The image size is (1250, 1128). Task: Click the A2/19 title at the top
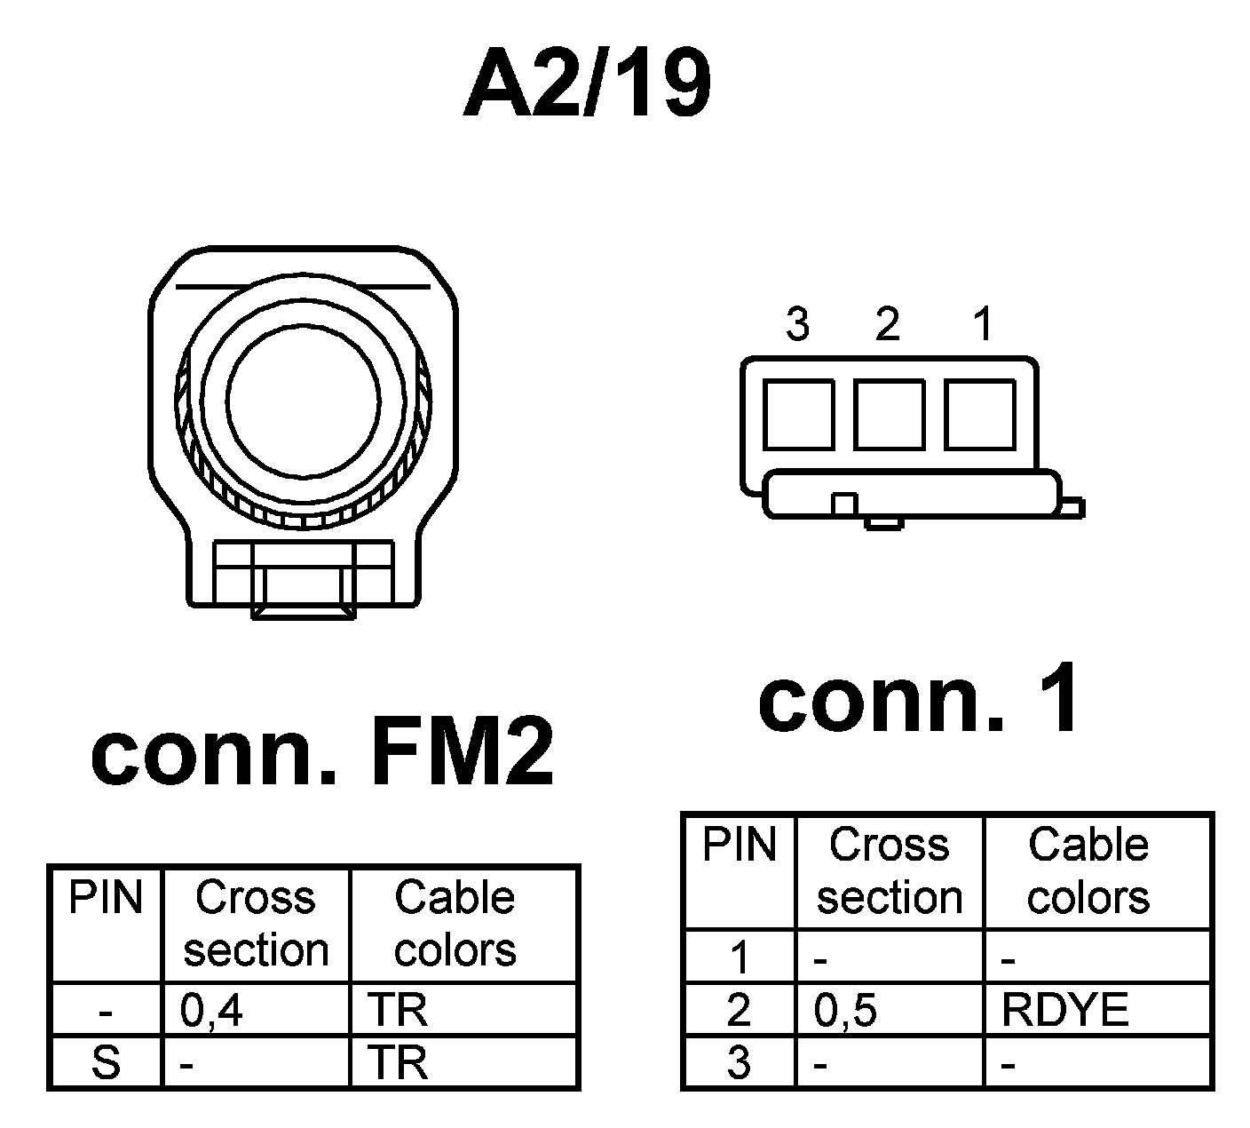pyautogui.click(x=587, y=85)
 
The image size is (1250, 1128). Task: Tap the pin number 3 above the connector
pyautogui.click(x=797, y=324)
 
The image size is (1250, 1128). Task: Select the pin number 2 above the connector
pyautogui.click(x=887, y=324)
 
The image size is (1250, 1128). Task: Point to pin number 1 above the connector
pyautogui.click(x=982, y=324)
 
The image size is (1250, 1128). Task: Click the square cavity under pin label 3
pyautogui.click(x=798, y=414)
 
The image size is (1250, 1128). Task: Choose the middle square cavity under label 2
pyautogui.click(x=890, y=414)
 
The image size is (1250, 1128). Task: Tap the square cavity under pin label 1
pyautogui.click(x=980, y=414)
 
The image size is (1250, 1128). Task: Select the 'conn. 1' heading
pyautogui.click(x=920, y=699)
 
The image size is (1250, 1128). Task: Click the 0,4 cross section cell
pyautogui.click(x=211, y=1011)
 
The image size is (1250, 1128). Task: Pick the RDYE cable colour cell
pyautogui.click(x=1064, y=1010)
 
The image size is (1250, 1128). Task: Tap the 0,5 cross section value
pyautogui.click(x=845, y=1011)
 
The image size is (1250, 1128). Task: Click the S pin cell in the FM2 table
pyautogui.click(x=106, y=1062)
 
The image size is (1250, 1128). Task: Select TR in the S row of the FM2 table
pyautogui.click(x=397, y=1062)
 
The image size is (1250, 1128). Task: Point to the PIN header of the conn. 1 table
pyautogui.click(x=740, y=844)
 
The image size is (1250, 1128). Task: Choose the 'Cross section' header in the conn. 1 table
pyautogui.click(x=890, y=870)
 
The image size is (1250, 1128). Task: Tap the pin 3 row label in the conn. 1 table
pyautogui.click(x=739, y=1062)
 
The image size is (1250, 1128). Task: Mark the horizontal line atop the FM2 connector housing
pyautogui.click(x=303, y=287)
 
